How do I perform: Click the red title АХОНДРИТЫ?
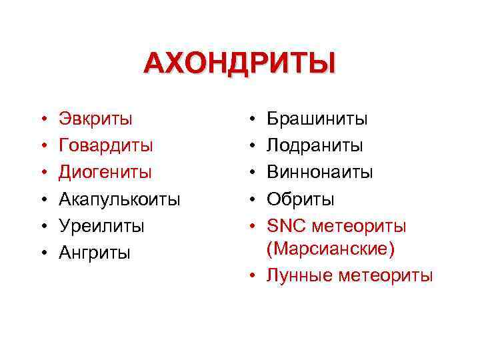240,65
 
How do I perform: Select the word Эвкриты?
95,119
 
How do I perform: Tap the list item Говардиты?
106,145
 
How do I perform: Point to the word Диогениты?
105,172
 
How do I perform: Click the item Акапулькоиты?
119,199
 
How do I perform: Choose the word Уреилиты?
101,226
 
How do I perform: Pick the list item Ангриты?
95,253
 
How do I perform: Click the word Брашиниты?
317,119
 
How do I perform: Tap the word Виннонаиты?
320,172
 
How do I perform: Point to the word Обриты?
301,199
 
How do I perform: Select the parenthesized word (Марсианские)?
330,249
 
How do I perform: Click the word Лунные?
299,275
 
